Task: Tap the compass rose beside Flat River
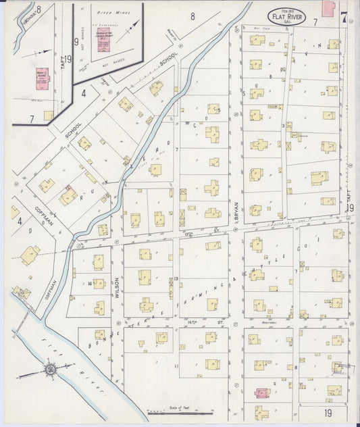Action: (51, 369)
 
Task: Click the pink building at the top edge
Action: (329, 8)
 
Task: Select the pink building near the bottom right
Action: (260, 392)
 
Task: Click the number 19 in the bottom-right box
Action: (327, 411)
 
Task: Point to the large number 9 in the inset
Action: (76, 41)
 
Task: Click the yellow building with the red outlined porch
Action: (68, 196)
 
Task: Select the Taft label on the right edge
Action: (351, 196)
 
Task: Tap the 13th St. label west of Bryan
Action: (192, 232)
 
